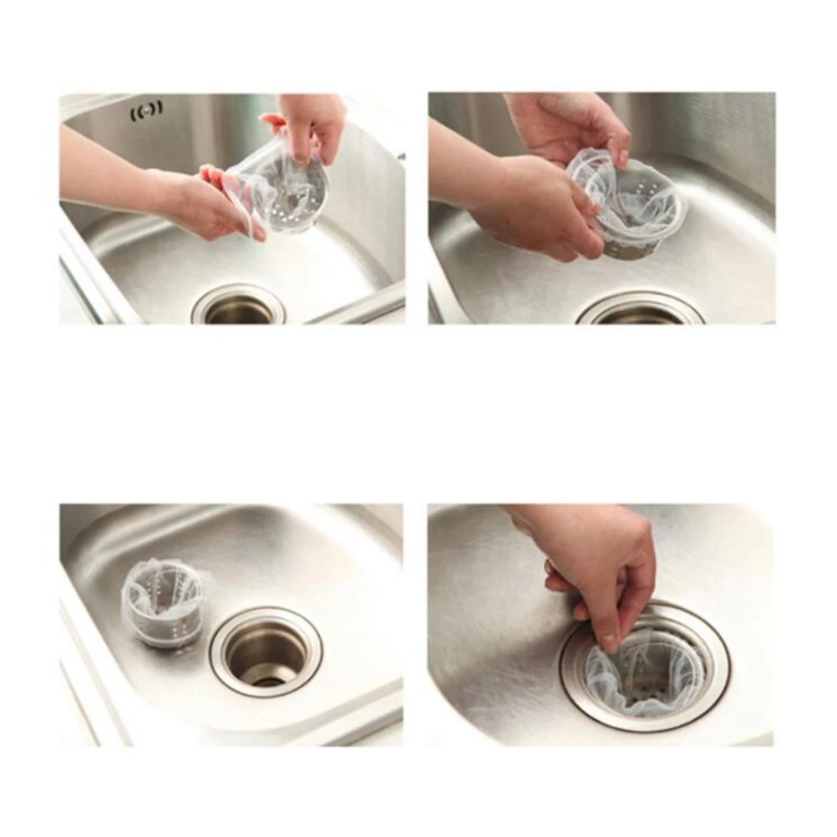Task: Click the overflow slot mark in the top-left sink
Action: pos(146,108)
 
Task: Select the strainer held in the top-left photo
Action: pos(280,188)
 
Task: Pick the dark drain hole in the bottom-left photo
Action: pos(266,656)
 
